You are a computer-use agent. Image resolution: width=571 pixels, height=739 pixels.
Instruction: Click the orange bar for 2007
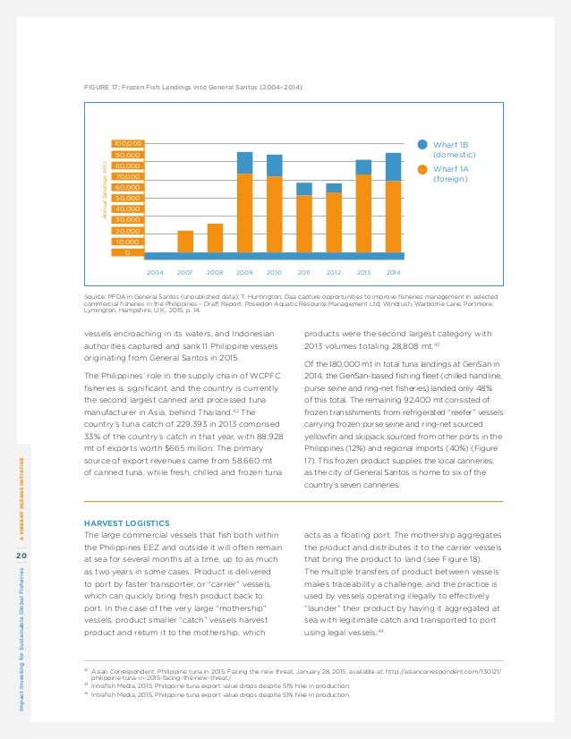pyautogui.click(x=185, y=241)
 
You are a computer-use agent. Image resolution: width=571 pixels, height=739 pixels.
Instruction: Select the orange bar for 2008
pyautogui.click(x=215, y=237)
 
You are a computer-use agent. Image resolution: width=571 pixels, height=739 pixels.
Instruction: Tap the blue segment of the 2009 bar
pyautogui.click(x=244, y=162)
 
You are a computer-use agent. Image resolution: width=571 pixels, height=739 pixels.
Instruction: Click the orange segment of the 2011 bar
pyautogui.click(x=304, y=224)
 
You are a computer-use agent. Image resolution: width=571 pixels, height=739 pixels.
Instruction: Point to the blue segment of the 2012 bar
pyautogui.click(x=334, y=188)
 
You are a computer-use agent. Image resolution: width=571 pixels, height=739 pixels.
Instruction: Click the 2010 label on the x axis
pyautogui.click(x=275, y=271)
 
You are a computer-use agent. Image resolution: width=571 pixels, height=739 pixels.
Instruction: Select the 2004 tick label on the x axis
pyautogui.click(x=155, y=271)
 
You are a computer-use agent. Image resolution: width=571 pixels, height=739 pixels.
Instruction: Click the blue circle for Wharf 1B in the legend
pyautogui.click(x=422, y=143)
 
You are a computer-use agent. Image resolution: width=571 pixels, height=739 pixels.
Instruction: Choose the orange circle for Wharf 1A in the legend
pyautogui.click(x=422, y=167)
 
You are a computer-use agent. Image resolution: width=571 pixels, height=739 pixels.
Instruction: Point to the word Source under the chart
pyautogui.click(x=95, y=294)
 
